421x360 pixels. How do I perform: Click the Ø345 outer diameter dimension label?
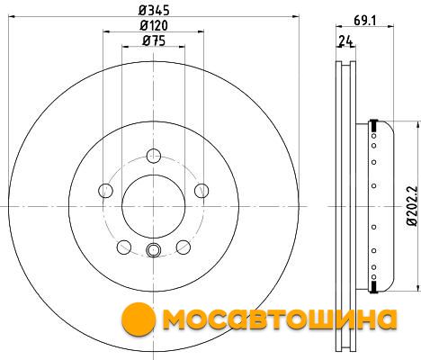[154, 10]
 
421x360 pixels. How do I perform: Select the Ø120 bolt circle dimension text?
[154, 25]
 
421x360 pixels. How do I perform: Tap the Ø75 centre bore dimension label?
[154, 40]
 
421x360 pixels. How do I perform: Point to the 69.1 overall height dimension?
[364, 21]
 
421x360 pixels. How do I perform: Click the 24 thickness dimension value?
[345, 40]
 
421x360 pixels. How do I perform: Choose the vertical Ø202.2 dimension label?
[412, 206]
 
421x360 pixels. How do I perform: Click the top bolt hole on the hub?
[154, 156]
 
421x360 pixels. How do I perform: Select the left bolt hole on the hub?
[105, 191]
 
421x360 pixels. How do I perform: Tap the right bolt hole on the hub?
[202, 191]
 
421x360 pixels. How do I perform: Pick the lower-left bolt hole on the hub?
[124, 247]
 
